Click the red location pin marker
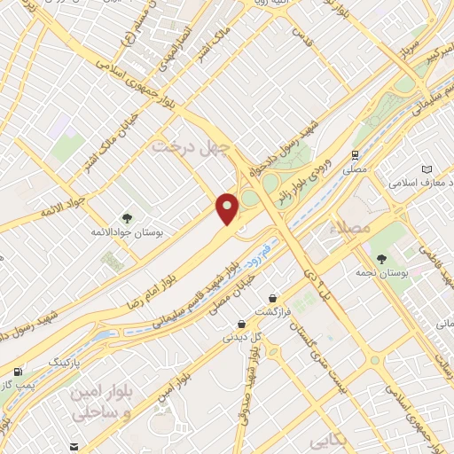(x=228, y=208)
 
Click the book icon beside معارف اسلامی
(x=427, y=169)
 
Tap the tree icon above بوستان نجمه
(x=381, y=259)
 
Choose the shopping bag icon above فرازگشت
(x=272, y=297)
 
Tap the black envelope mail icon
(x=74, y=446)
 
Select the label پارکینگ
(x=66, y=363)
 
